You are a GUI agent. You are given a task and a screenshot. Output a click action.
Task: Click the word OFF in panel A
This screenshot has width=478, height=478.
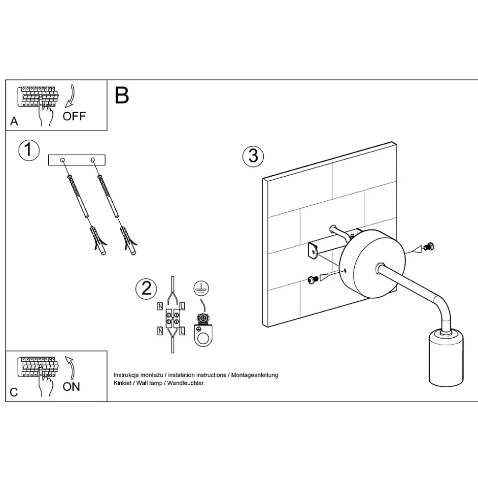point(74,116)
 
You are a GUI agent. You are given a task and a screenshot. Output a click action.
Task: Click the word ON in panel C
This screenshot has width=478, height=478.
point(71,386)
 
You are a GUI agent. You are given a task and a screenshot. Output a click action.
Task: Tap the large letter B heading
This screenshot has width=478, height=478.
point(122,95)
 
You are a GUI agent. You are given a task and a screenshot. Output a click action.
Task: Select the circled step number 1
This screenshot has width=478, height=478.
point(29,150)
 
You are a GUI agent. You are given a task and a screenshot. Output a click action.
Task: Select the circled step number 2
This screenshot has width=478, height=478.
point(146,288)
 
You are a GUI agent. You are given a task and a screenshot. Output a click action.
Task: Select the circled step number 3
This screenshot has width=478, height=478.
point(253,156)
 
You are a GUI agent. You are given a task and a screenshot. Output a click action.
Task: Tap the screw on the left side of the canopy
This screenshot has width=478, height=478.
point(311,280)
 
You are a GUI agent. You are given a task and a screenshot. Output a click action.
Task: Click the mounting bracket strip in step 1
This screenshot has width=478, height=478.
point(77,159)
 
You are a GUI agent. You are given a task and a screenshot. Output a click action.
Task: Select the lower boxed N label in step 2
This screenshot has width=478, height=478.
point(160,330)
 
